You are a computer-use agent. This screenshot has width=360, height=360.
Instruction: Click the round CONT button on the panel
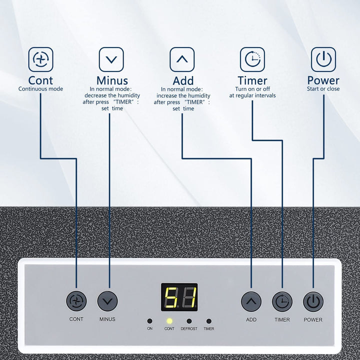click(x=76, y=301)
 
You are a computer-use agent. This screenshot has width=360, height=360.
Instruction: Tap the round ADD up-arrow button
click(x=251, y=301)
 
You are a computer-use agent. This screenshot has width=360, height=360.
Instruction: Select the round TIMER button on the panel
click(x=282, y=301)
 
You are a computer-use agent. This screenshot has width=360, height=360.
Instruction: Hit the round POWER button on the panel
click(x=313, y=301)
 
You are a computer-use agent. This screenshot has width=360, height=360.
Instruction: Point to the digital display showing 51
click(x=179, y=297)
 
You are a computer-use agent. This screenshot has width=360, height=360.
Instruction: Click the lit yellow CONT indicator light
click(x=169, y=320)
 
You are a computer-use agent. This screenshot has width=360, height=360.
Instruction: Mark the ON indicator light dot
click(x=149, y=320)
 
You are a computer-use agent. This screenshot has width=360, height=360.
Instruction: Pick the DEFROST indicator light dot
click(x=189, y=320)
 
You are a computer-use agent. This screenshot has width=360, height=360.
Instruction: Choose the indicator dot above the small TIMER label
click(x=208, y=320)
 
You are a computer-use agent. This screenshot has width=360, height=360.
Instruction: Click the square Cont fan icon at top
click(x=40, y=59)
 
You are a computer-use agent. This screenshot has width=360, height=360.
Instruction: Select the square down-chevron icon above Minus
click(x=111, y=59)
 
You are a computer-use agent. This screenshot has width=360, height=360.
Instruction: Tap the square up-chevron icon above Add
click(x=182, y=59)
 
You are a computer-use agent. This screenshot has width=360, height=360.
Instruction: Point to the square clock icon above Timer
click(x=252, y=59)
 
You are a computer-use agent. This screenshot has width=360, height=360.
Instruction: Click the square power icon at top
click(x=323, y=59)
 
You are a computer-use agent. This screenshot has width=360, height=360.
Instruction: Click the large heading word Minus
click(x=112, y=80)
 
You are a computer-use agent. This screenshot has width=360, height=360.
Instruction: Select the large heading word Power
click(x=323, y=80)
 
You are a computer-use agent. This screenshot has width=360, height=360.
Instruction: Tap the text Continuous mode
click(x=40, y=89)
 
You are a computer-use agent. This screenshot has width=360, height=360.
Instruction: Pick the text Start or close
click(x=323, y=89)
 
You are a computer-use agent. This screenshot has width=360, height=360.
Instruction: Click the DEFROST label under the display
click(x=189, y=329)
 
